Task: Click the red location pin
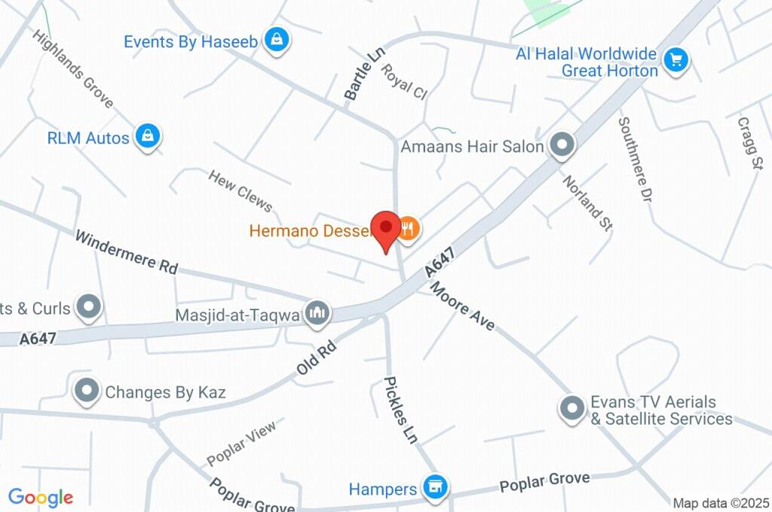(x=387, y=229)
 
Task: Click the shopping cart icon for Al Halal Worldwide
(x=675, y=59)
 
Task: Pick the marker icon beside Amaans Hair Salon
(x=562, y=145)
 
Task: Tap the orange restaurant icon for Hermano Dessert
(x=408, y=227)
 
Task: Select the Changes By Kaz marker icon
(x=88, y=391)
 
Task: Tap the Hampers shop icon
(x=433, y=487)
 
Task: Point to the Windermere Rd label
(x=126, y=251)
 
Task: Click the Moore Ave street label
(x=462, y=306)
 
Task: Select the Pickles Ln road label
(x=401, y=410)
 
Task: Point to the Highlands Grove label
(x=72, y=68)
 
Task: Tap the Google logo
(x=40, y=498)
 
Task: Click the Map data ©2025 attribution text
(x=721, y=503)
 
